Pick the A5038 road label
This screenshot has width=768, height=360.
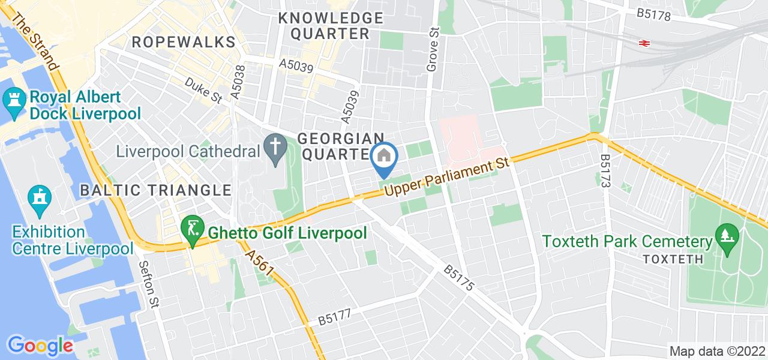tap(239, 83)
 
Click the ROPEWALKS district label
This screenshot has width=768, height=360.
tap(183, 42)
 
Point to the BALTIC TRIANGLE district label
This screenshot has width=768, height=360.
tap(155, 190)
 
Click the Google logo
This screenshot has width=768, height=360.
tap(40, 345)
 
